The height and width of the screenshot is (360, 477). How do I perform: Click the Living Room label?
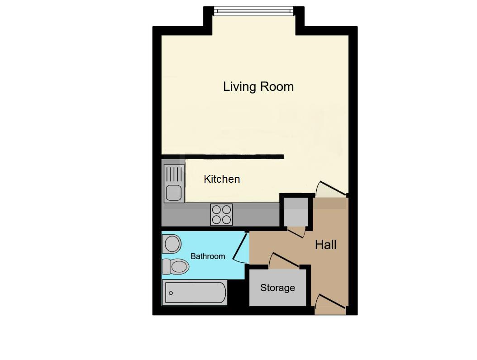[258, 87]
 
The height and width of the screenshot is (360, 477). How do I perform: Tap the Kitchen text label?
[222, 179]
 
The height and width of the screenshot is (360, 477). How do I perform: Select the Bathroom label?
[208, 256]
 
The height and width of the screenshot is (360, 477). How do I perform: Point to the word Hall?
[325, 245]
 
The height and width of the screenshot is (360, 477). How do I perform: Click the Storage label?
[277, 288]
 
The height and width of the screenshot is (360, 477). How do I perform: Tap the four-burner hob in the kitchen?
[221, 215]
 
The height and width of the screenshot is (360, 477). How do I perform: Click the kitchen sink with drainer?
[174, 183]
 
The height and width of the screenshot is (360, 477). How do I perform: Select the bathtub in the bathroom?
[195, 293]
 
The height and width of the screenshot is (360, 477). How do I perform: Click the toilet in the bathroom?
[175, 267]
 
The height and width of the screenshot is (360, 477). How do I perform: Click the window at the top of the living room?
[254, 11]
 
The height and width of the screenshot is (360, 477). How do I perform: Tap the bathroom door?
[241, 246]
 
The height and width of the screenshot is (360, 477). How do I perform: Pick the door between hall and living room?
[332, 188]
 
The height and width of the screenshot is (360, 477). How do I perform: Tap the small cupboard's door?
[296, 232]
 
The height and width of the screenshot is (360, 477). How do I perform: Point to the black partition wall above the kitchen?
[234, 156]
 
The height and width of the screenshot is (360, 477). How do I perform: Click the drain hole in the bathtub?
[171, 293]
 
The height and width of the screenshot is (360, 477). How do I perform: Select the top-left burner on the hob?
[216, 209]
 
